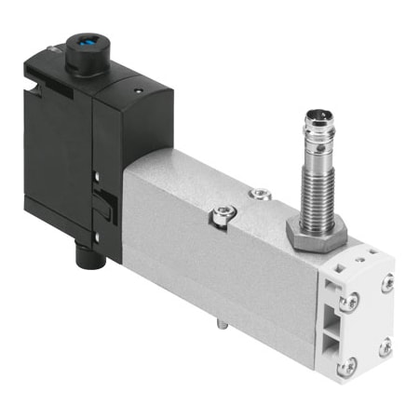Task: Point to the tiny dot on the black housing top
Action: (137, 90)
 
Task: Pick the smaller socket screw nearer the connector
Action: (260, 195)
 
